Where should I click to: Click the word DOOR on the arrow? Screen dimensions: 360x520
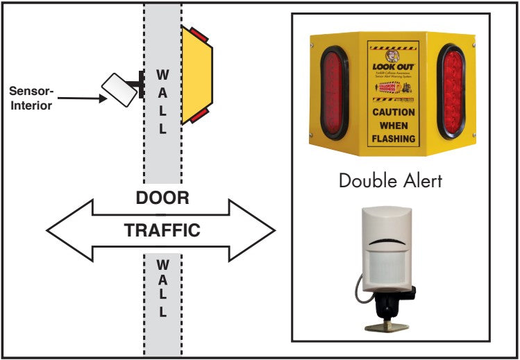click(162, 198)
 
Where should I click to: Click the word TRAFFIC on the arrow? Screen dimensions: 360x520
click(162, 230)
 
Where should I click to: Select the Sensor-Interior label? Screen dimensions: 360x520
click(31, 98)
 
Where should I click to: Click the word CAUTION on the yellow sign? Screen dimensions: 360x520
click(394, 112)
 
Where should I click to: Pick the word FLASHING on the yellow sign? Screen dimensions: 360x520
click(394, 138)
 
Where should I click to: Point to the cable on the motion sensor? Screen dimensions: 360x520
click(361, 291)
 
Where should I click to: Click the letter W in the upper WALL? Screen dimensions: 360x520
click(162, 73)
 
